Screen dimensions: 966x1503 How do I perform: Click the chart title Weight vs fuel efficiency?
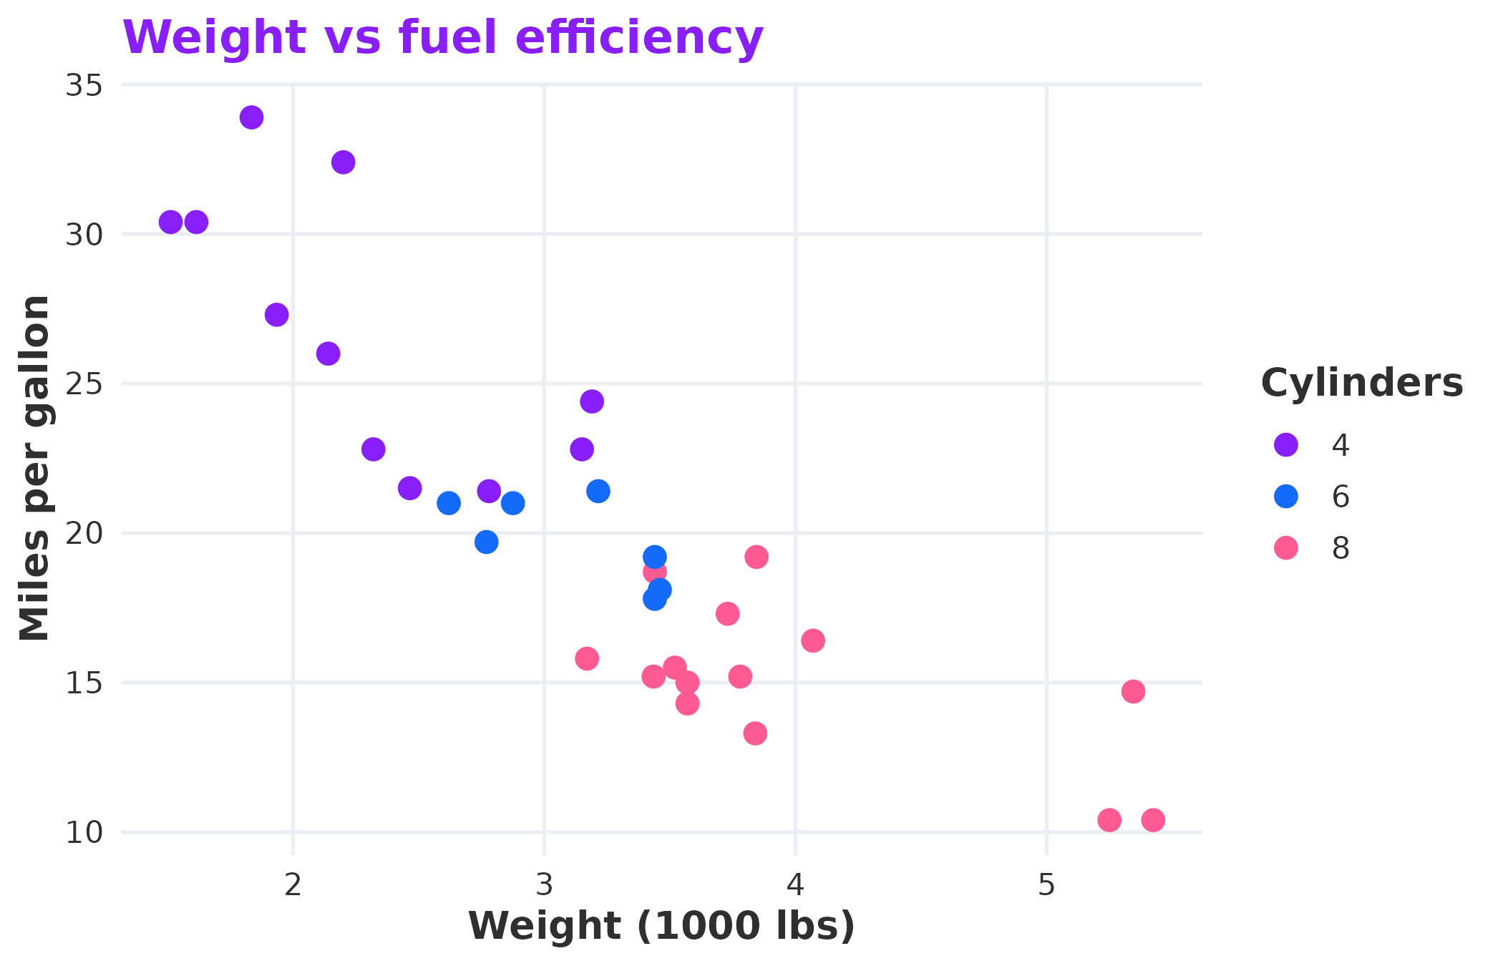[442, 37]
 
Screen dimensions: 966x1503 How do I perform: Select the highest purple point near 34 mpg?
[251, 117]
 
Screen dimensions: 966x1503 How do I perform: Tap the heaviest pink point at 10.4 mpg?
[1153, 820]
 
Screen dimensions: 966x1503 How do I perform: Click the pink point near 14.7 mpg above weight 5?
[1133, 691]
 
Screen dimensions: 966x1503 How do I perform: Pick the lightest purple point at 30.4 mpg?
[170, 223]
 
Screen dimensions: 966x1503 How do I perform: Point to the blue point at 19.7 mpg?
[486, 542]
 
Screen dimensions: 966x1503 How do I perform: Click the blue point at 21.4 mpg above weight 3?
[598, 492]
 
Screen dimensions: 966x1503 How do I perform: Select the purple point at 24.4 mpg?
[591, 401]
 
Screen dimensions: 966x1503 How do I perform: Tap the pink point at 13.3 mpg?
[755, 733]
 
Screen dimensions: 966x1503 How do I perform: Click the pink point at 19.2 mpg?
[757, 557]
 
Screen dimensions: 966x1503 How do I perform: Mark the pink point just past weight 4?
[812, 640]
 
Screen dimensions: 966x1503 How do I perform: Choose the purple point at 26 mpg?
[328, 353]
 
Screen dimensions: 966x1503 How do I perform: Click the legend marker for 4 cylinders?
[1286, 444]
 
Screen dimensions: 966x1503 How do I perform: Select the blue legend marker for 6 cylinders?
[1286, 496]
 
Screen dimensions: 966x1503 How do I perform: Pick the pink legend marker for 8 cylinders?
[1286, 547]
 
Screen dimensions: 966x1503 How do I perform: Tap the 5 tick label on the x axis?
[1046, 886]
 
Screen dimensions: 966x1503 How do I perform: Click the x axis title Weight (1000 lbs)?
[661, 926]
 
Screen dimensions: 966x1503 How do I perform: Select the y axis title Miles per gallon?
[34, 469]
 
